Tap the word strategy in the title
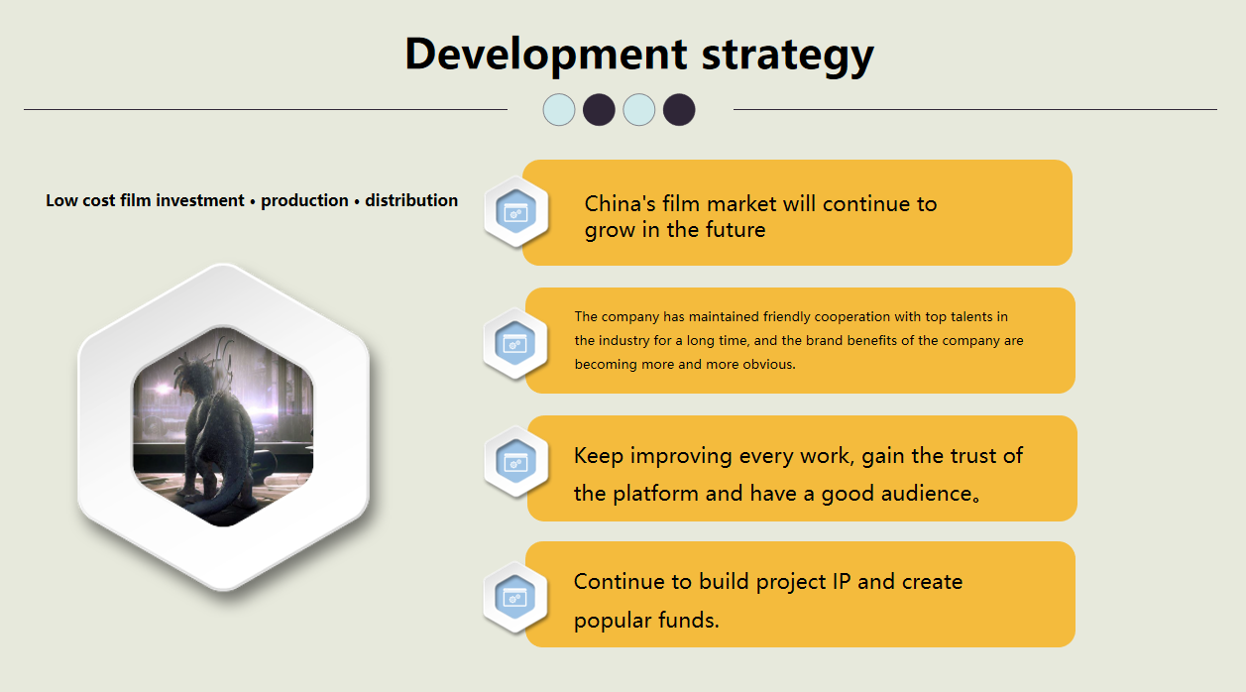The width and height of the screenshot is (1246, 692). coord(788,57)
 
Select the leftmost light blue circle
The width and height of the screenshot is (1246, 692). coord(558,110)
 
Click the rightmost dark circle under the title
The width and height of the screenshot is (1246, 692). coord(679,110)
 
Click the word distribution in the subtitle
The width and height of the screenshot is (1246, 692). coord(411,200)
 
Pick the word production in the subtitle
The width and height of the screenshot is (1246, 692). coord(304,201)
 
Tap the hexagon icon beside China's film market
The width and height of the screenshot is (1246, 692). coord(515,211)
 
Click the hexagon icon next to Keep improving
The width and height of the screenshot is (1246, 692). coord(515,462)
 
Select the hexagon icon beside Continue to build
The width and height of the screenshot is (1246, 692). coord(515,598)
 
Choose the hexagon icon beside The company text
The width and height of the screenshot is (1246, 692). coord(514,343)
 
